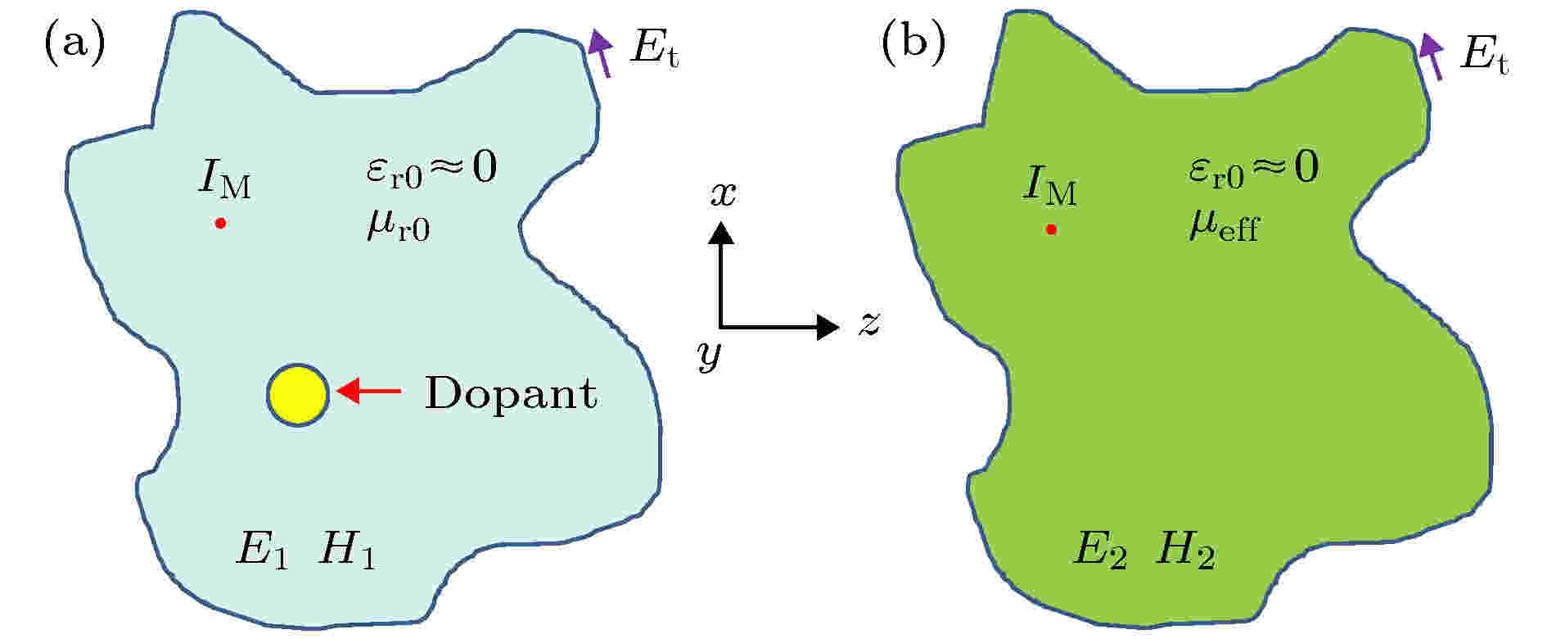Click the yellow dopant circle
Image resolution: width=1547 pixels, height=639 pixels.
298,394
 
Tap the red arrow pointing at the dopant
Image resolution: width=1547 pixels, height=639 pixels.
369,392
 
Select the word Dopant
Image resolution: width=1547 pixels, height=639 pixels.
511,394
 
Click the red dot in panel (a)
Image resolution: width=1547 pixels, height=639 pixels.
220,223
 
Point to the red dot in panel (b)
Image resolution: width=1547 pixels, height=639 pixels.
1051,230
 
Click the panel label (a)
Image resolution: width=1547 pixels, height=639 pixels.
74,45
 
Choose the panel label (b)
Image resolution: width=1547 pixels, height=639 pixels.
913,45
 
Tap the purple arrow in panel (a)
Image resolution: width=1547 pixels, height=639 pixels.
601,52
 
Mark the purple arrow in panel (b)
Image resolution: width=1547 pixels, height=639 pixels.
1432,56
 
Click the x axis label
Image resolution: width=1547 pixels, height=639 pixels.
724,193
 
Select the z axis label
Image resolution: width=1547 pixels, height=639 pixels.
868,324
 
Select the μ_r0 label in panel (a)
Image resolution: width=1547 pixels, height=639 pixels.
399,225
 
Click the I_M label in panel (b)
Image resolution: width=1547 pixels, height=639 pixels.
1050,184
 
